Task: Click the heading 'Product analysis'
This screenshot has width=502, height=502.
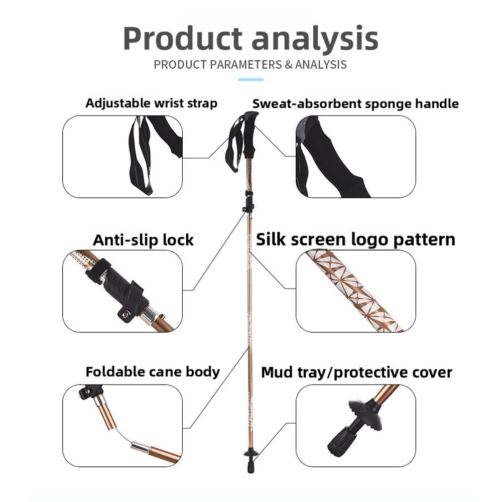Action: [250, 39]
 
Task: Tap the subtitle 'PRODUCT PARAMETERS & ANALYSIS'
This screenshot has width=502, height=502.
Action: [250, 65]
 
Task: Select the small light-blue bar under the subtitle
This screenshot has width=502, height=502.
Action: [250, 79]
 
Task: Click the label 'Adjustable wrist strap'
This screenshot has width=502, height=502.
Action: [151, 103]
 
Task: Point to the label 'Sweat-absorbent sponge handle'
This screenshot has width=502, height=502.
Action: [355, 104]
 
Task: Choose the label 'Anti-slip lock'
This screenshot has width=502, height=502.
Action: [143, 240]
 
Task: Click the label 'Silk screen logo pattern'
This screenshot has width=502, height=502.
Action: [355, 239]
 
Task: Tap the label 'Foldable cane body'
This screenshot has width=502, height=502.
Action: [153, 372]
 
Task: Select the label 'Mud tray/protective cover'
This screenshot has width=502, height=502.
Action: [356, 372]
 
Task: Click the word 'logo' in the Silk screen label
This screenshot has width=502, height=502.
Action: [371, 240]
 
